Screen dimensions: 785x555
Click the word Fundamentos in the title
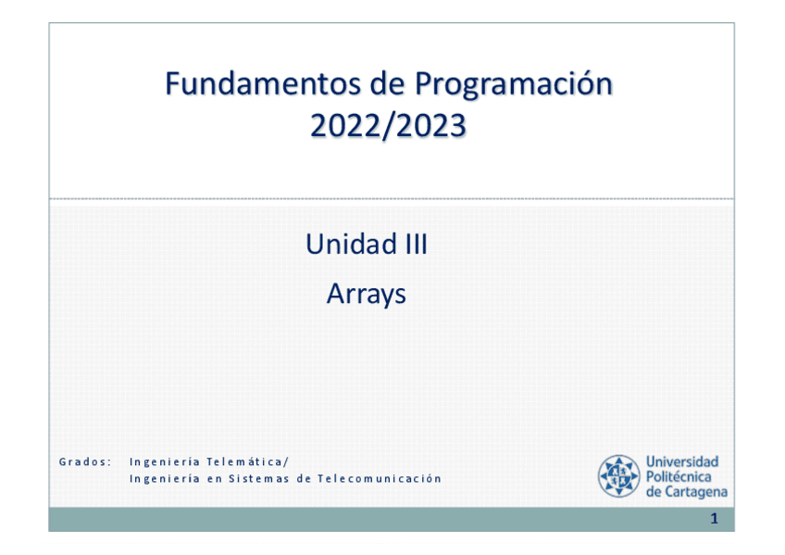pyautogui.click(x=263, y=83)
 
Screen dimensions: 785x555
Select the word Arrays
pyautogui.click(x=366, y=294)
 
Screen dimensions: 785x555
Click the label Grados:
pyautogui.click(x=85, y=461)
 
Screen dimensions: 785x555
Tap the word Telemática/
pyautogui.click(x=247, y=461)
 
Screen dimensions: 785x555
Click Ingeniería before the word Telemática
pyautogui.click(x=165, y=461)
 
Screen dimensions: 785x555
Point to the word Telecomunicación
pyautogui.click(x=379, y=478)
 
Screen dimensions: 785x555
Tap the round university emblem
pyautogui.click(x=619, y=476)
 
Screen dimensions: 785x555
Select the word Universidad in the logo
pyautogui.click(x=682, y=461)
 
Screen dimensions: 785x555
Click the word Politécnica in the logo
pyautogui.click(x=679, y=476)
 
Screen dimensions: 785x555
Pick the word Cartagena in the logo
pyautogui.click(x=696, y=492)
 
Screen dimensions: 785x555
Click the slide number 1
pyautogui.click(x=715, y=519)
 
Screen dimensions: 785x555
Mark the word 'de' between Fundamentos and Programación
pyautogui.click(x=388, y=83)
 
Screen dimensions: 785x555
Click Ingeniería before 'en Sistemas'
pyautogui.click(x=165, y=479)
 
